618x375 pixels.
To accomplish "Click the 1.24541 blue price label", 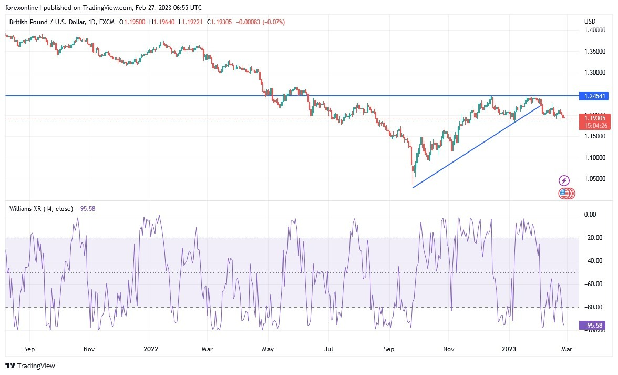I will (595, 96).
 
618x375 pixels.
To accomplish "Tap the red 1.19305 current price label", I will (595, 119).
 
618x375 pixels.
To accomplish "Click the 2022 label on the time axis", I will (151, 349).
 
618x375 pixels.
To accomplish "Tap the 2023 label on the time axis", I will (509, 349).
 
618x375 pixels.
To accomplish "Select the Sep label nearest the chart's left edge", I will (29, 349).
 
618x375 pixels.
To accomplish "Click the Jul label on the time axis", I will (329, 349).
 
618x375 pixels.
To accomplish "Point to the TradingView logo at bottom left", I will (30, 366).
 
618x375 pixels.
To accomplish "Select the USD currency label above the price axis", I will (590, 22).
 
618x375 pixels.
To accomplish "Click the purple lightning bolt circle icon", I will (564, 181).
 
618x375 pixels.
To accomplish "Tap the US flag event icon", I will (564, 194).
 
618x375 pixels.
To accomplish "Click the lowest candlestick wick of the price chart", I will (413, 184).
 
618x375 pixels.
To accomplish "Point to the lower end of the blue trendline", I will (413, 187).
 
